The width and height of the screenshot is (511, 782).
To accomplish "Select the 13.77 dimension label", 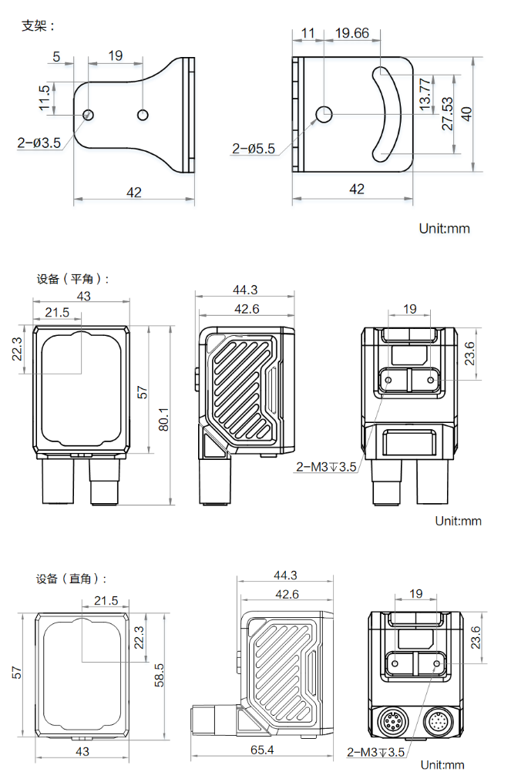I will [425, 92].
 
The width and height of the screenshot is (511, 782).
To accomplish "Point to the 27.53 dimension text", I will [447, 113].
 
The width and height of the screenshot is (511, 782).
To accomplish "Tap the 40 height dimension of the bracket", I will [466, 113].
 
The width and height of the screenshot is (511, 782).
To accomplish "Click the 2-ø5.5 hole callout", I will [254, 148].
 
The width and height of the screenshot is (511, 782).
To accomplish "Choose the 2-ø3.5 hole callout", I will [39, 142].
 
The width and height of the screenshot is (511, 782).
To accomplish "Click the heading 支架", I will [38, 25].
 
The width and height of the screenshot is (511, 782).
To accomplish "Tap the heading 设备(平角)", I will [72, 279].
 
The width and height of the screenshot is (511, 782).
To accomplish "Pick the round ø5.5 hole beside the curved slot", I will [324, 114].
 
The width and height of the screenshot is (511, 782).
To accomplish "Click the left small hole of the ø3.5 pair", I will [89, 115].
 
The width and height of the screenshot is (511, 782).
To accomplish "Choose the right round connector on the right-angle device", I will [439, 723].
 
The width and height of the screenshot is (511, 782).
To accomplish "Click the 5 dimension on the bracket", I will [56, 55].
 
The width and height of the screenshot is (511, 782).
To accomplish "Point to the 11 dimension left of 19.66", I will [308, 33].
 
